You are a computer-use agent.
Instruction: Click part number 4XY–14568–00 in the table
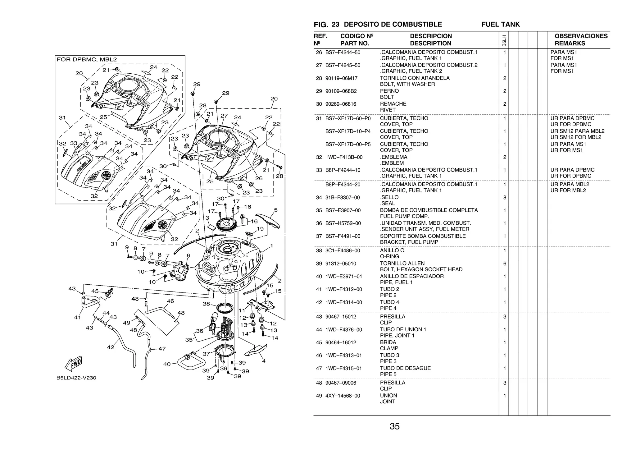(343, 396)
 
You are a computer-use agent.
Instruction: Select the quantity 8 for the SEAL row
(505, 198)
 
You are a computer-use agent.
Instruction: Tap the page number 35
(394, 426)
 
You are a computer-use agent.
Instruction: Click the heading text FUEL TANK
(500, 24)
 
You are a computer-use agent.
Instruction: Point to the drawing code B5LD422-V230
(76, 378)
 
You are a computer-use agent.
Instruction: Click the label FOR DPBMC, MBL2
(87, 59)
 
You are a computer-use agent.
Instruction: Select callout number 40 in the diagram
(167, 364)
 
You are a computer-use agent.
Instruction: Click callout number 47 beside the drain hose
(162, 349)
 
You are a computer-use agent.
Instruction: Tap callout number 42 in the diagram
(111, 347)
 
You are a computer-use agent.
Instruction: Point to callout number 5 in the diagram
(276, 210)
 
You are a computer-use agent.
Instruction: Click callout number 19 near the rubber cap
(260, 229)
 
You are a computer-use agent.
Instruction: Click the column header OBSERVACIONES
(581, 36)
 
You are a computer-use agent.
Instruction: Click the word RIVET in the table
(388, 110)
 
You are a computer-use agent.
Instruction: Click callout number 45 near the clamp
(95, 291)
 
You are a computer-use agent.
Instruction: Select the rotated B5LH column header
(504, 40)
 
